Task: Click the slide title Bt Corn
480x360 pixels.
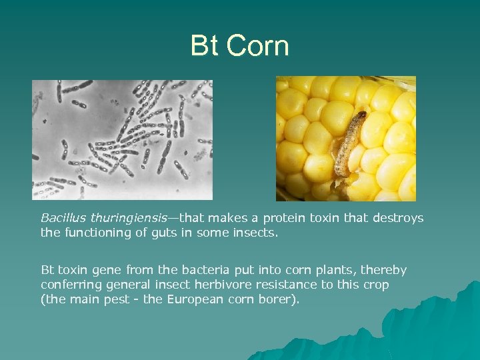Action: click(x=239, y=46)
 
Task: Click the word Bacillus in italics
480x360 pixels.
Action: click(x=63, y=218)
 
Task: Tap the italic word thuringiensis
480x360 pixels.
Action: click(x=125, y=218)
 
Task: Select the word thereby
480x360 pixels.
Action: click(x=384, y=270)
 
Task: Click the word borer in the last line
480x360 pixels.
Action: click(x=280, y=299)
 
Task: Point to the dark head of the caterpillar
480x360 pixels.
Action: click(x=360, y=117)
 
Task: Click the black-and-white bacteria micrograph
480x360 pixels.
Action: click(x=122, y=140)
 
